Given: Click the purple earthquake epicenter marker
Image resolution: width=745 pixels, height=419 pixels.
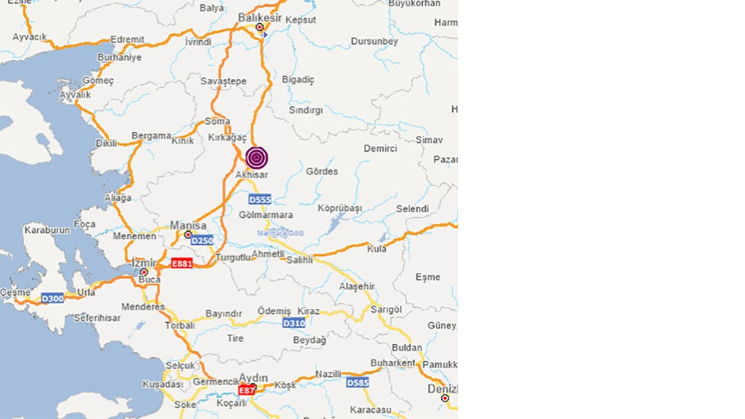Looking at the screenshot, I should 257,158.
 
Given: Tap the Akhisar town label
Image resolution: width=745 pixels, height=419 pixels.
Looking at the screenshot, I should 251,175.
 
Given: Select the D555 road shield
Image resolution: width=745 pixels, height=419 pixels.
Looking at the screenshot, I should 260,200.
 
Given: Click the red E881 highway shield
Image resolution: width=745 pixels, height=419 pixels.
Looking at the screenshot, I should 182,264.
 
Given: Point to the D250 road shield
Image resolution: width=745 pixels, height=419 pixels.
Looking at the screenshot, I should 203,240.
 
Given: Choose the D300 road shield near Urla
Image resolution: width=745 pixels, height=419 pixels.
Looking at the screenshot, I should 52,299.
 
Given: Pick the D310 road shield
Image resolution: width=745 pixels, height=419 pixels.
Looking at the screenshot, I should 293,323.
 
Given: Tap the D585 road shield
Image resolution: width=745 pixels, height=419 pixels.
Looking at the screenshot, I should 357,383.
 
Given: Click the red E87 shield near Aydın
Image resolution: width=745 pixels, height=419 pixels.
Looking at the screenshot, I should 247,390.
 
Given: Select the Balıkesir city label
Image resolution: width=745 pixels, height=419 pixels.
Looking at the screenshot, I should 260,18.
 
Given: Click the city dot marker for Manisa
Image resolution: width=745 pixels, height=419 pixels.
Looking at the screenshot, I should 188,235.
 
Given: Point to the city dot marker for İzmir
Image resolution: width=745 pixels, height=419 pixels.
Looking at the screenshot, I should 144,272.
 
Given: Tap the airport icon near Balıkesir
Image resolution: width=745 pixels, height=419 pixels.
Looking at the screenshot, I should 265,34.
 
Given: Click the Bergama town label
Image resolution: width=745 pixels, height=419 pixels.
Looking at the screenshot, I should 151,136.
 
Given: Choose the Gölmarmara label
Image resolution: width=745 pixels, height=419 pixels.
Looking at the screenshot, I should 265,215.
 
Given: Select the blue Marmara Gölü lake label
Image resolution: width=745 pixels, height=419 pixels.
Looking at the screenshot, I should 281,233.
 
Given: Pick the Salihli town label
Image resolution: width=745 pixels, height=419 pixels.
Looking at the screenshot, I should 299,260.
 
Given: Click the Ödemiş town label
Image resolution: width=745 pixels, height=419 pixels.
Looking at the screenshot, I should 274,311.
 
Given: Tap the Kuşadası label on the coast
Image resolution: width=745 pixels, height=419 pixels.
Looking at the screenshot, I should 163,385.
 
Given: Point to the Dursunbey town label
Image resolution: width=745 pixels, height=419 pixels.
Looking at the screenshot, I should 374,41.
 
